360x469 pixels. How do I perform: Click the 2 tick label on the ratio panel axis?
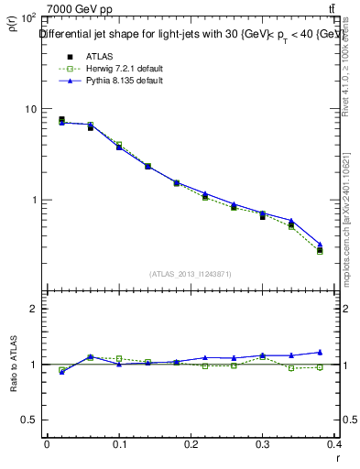pos(36,309)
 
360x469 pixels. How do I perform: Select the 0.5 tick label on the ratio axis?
pos(31,420)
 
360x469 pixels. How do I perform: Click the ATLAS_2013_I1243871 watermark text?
pos(191,274)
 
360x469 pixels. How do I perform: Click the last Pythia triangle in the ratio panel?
pos(346,352)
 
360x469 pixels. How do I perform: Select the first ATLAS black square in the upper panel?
pos(61,119)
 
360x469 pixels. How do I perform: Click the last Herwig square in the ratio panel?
pos(346,367)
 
